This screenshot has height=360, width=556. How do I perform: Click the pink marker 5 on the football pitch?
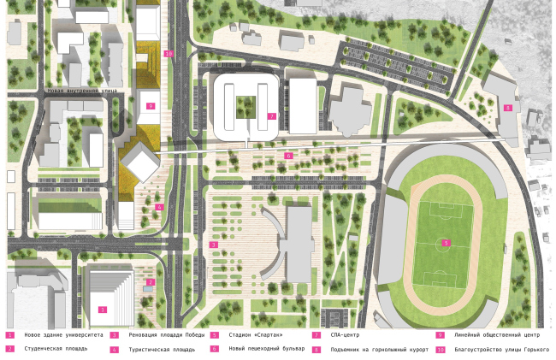(445, 243)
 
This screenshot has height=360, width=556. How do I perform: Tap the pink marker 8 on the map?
(508, 108)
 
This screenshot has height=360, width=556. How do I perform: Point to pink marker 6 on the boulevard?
(288, 156)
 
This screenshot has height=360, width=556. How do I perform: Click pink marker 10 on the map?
(169, 54)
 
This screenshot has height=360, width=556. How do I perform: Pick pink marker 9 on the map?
(150, 106)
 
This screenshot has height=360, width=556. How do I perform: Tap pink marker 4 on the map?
(160, 207)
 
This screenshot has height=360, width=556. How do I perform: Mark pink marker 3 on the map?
(212, 245)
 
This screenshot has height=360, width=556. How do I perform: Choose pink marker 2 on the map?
(151, 281)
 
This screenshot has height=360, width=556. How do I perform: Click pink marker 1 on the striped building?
(103, 309)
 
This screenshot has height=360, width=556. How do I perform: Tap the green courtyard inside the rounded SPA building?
(246, 106)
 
